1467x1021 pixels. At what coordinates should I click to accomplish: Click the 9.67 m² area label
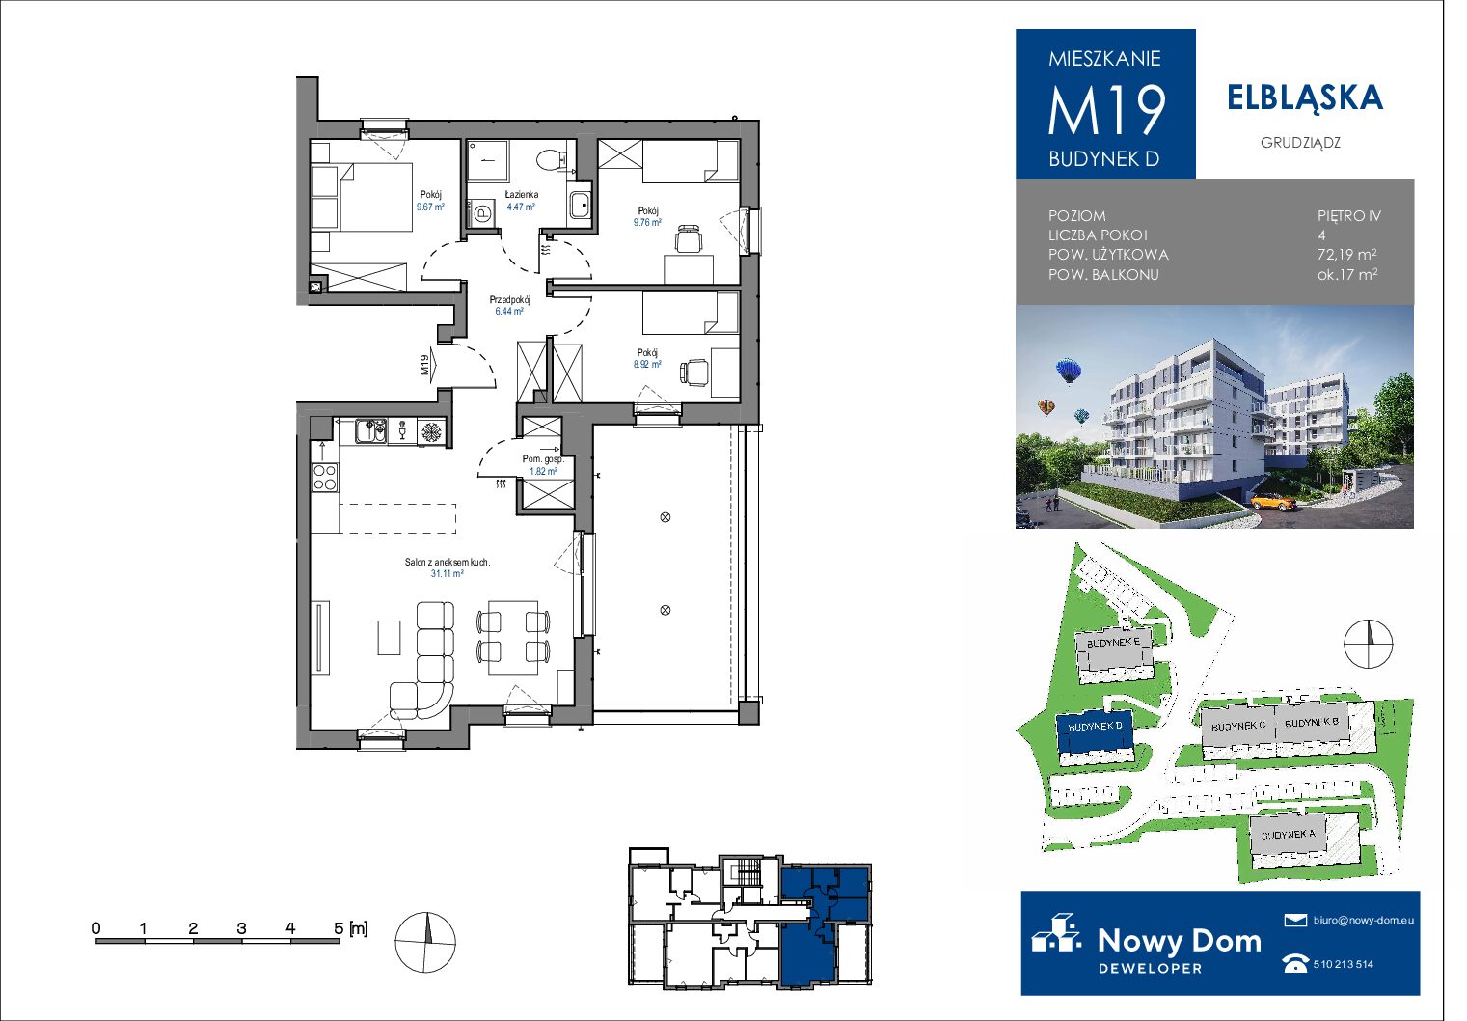point(430,207)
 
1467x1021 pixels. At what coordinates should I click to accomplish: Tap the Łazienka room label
point(521,194)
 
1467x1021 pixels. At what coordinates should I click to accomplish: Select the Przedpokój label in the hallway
point(509,299)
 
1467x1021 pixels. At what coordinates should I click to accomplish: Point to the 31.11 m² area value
point(447,573)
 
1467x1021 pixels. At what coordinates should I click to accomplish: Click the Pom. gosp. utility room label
point(543,458)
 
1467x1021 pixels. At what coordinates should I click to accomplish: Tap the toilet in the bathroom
point(548,159)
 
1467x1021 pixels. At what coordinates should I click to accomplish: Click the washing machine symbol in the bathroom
point(482,212)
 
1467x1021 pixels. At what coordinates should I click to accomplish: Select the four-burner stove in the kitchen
point(325,477)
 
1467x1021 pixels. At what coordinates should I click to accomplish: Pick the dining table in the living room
point(513,636)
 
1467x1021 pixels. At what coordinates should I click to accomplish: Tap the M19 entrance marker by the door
point(424,365)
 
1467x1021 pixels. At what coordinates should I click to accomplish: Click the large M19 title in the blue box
point(1105,109)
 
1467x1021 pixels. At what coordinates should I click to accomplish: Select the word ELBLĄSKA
point(1305,97)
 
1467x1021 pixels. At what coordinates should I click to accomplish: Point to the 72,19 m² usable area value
point(1346,254)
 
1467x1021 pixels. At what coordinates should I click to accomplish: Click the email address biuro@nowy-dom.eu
point(1364,920)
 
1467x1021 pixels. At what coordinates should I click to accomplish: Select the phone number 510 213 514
point(1344,964)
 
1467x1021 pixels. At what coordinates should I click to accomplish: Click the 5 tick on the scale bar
point(339,928)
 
